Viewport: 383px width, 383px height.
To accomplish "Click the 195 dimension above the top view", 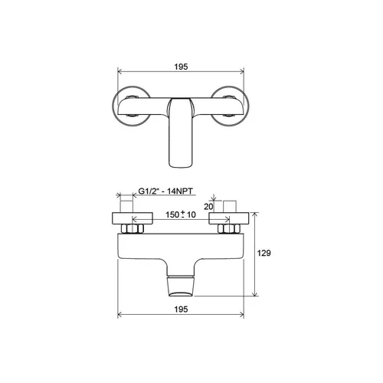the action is click(181, 67).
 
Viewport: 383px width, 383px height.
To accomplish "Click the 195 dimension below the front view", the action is click(181, 309).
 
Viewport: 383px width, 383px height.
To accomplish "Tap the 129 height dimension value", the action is click(264, 253).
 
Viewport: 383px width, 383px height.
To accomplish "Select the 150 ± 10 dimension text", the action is click(181, 214).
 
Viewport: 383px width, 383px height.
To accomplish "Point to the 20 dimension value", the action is click(208, 207).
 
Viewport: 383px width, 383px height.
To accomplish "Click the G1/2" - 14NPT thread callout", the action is click(165, 191).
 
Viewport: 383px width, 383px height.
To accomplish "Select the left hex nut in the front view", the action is click(133, 228).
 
